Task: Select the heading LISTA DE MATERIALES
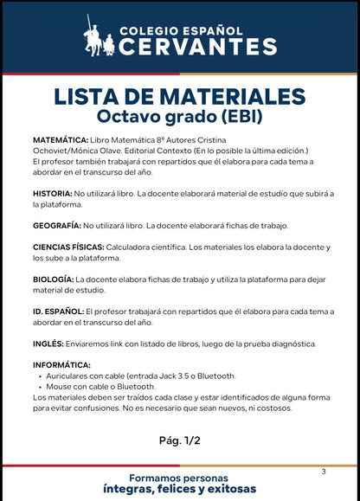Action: tap(180, 95)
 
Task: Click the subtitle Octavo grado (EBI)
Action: tap(180, 115)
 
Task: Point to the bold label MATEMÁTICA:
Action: tap(61, 139)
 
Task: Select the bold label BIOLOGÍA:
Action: tap(54, 279)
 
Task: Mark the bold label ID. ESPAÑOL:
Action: tap(59, 311)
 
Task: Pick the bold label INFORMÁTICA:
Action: tap(61, 365)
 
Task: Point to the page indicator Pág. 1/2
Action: tap(179, 440)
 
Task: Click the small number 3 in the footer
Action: tap(323, 472)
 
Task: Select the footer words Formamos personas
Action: tap(179, 478)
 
